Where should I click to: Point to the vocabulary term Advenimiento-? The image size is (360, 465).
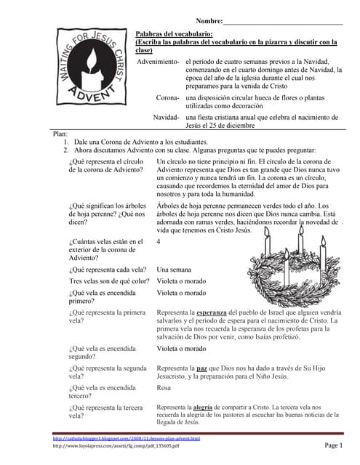tap(159, 62)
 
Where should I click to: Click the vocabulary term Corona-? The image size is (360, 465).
tap(168, 97)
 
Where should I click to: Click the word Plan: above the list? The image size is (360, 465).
tap(61, 134)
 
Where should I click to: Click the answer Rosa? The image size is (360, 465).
tap(164, 388)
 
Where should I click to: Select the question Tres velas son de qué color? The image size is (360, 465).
tap(109, 281)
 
